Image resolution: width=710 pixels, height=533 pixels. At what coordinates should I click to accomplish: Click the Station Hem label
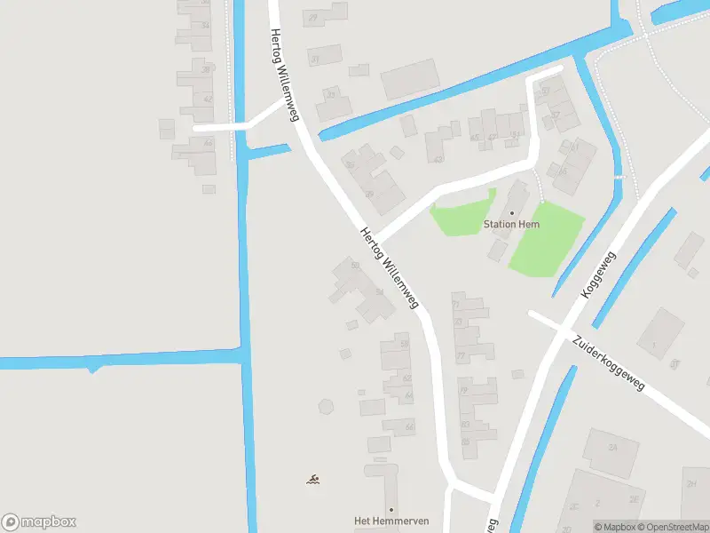point(511,225)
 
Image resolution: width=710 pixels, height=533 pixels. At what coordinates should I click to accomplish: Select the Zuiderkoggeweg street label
point(608,363)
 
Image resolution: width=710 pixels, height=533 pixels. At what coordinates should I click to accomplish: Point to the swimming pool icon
point(313,481)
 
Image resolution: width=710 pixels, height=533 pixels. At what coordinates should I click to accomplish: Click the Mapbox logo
point(39,522)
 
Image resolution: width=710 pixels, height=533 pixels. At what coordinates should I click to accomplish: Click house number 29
point(313,18)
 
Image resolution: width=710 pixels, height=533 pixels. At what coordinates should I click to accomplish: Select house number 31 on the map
point(315,60)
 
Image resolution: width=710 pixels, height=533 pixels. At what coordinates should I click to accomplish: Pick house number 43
point(438,159)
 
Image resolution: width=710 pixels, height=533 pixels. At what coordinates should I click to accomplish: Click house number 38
point(206,69)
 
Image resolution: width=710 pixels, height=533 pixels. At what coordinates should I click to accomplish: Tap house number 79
point(462,390)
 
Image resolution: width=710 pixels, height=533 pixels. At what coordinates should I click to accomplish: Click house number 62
point(409,378)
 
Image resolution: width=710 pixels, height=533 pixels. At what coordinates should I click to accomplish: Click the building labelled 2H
point(691,485)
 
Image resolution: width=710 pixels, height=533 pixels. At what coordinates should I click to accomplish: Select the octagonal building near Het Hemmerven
point(326,408)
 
